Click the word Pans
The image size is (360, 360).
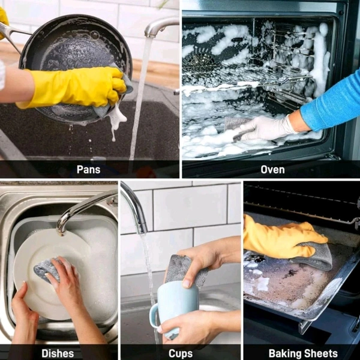pos(88,170)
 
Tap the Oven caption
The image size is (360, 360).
pos(272,170)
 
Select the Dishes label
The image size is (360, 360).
pos(58,353)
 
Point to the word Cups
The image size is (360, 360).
pos(181,353)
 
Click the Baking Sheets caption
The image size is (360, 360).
pos(303,353)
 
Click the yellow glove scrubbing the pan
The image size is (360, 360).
pos(73,87)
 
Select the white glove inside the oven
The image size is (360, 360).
pos(264,128)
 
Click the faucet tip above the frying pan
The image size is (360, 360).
pos(151,34)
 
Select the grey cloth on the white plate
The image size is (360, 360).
pos(48,270)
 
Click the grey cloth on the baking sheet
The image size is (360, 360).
pos(314,256)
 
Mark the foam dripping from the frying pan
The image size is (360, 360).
pos(116,121)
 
